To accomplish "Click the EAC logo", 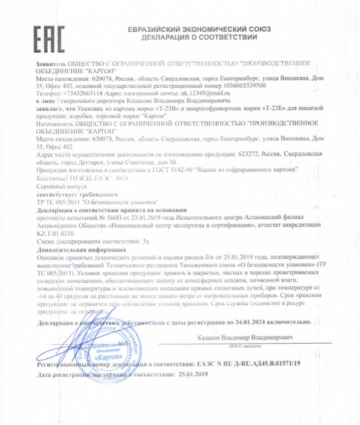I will click(49, 34).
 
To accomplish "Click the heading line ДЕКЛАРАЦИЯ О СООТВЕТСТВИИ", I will click(199, 37).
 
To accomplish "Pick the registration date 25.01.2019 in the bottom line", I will click(191, 374).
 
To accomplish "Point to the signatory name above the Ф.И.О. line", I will click(245, 337).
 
